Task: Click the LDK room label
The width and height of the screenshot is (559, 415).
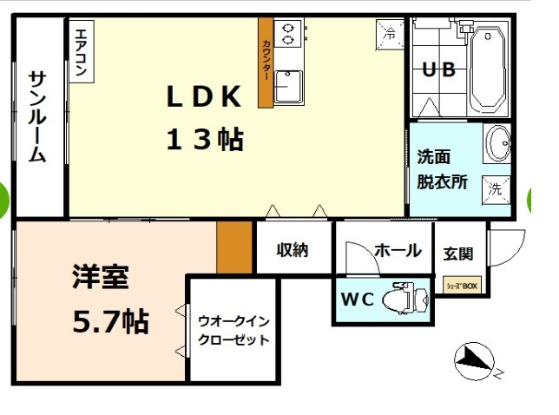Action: pos(203,97)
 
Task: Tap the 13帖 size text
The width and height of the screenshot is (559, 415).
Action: pos(203,139)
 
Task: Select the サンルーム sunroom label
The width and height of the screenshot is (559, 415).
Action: pos(37,117)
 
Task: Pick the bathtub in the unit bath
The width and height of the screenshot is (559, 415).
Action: pos(488,69)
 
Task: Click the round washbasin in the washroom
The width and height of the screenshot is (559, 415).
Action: pos(497,143)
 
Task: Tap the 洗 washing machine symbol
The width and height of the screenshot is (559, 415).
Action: pos(496,187)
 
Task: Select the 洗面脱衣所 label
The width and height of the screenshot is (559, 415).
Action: pos(443,170)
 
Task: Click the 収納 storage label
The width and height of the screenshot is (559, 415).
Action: pos(293,250)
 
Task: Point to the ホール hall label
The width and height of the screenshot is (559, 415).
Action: pos(398,251)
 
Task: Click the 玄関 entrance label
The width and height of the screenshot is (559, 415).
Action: pos(458,254)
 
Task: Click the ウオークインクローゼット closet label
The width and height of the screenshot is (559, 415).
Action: pos(233,330)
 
